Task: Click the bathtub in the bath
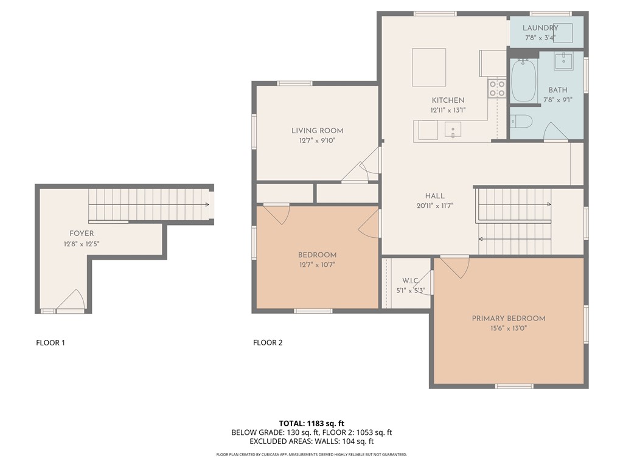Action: point(523,81)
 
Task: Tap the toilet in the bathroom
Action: point(521,121)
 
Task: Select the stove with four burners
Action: point(497,89)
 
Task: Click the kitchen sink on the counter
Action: point(453,130)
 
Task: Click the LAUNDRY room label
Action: point(540,28)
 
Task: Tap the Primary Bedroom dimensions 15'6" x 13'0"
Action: point(508,328)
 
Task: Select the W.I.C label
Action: point(409,281)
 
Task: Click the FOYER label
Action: point(82,233)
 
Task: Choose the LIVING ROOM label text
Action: point(317,131)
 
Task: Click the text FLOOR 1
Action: point(50,343)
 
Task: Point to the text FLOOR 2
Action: point(268,343)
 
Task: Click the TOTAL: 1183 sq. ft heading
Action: point(311,423)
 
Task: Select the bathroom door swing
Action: point(555,132)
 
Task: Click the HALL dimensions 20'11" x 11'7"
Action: point(434,206)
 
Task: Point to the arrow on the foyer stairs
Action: point(207,205)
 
